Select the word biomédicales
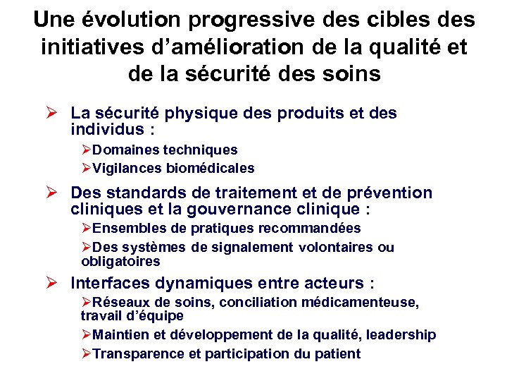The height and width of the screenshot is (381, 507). (211, 169)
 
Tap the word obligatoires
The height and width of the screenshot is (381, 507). (120, 262)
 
